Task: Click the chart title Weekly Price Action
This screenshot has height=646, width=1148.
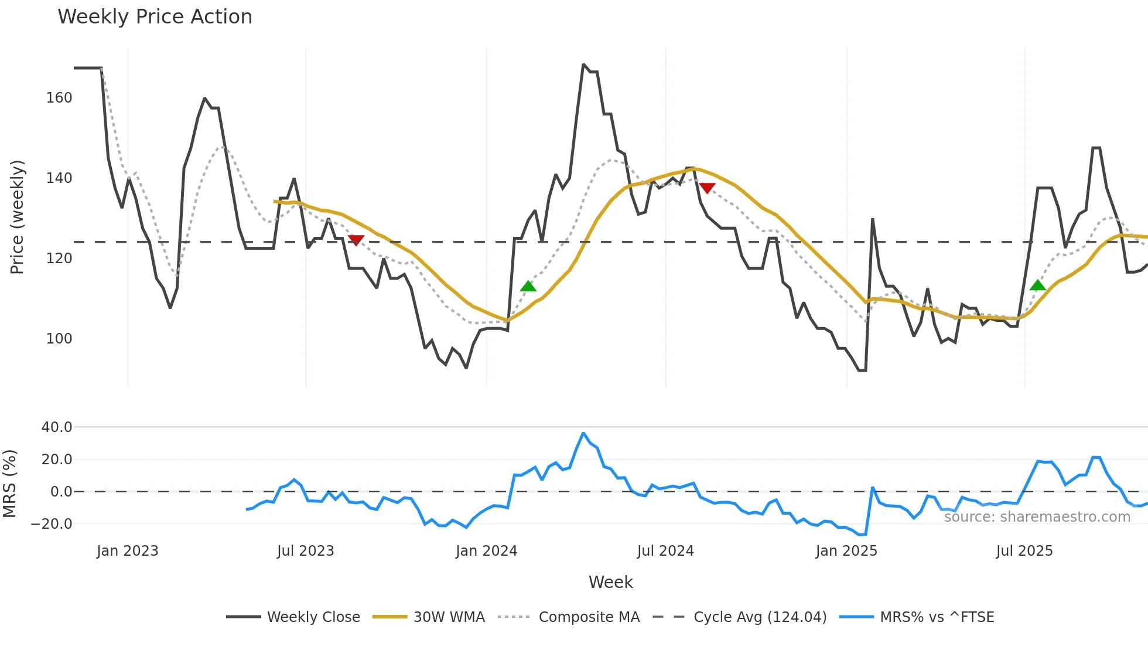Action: (x=155, y=17)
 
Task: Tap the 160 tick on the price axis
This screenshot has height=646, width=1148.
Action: (x=59, y=98)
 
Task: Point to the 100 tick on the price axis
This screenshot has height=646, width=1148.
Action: (x=59, y=339)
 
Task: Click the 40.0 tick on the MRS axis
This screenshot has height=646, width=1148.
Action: (x=57, y=427)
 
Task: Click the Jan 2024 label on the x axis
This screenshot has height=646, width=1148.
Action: (x=486, y=551)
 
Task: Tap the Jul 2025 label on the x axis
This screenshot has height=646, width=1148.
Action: (x=1024, y=551)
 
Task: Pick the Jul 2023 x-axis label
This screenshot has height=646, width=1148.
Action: (x=305, y=551)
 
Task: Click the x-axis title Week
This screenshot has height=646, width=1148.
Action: (x=610, y=582)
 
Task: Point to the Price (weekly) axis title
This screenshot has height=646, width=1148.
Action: (x=18, y=217)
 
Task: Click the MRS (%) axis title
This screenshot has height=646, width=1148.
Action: (x=10, y=484)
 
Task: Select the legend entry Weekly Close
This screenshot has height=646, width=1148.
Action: (x=313, y=617)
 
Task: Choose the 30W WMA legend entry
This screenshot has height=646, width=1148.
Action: (x=449, y=617)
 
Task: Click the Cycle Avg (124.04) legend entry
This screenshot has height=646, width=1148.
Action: (x=760, y=617)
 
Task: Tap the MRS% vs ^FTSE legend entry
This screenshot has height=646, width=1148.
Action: (x=937, y=617)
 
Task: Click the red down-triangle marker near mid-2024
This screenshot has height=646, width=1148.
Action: (x=707, y=188)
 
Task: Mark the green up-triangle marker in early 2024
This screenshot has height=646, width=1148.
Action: (x=528, y=286)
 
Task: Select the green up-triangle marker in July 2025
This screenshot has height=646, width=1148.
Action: (x=1037, y=285)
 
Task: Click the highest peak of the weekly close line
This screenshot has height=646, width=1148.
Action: (x=583, y=65)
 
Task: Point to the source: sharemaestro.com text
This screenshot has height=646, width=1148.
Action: (x=1037, y=517)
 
